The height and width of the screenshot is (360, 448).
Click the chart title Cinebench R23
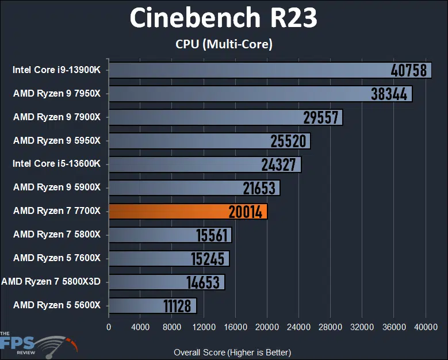[x=223, y=18]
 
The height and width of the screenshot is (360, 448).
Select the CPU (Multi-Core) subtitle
[x=223, y=44]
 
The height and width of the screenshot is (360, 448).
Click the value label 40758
[x=408, y=70]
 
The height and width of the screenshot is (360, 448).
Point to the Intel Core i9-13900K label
[x=56, y=70]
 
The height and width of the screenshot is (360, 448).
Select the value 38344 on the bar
[x=389, y=94]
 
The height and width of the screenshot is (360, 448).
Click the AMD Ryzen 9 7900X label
[x=57, y=117]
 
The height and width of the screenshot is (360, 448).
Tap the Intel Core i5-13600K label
[x=56, y=164]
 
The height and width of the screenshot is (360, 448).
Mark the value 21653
[x=261, y=188]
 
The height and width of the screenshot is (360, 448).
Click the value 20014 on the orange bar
[x=245, y=212]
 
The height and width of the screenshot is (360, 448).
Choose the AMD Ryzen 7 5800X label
[x=57, y=234]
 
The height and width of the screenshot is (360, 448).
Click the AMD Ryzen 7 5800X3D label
[x=51, y=281]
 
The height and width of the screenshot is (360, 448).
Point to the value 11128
[x=177, y=305]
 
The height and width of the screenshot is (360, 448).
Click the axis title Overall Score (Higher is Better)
[x=232, y=352]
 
